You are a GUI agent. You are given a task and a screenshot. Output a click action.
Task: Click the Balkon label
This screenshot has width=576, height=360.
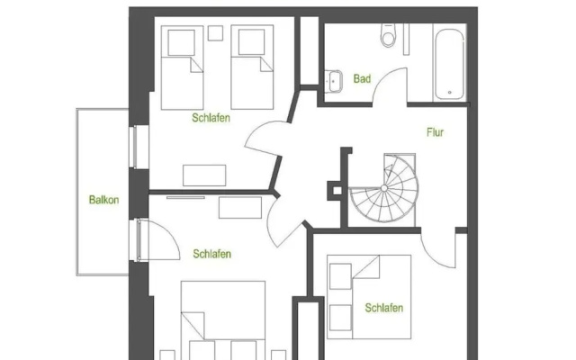[x=104, y=200]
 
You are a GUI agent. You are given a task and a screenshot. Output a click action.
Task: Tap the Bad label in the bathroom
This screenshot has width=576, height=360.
[x=362, y=78]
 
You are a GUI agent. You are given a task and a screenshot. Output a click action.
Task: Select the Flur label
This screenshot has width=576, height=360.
[x=435, y=132]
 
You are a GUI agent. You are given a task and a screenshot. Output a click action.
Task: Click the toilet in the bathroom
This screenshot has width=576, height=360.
[x=388, y=35]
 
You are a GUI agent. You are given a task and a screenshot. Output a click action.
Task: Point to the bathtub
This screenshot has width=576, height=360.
[x=449, y=63]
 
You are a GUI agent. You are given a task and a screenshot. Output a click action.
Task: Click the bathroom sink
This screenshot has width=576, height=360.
[x=334, y=81]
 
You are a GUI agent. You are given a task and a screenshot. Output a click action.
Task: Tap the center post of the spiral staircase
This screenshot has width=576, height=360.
[x=384, y=188]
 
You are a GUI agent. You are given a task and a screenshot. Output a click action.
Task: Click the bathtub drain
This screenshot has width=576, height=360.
[x=450, y=93]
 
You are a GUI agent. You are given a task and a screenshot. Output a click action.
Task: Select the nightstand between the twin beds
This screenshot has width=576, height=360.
[x=215, y=33]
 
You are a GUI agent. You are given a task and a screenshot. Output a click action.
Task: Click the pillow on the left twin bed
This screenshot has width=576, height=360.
[x=181, y=42]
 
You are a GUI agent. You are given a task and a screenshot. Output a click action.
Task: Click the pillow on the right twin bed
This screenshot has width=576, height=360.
[x=251, y=42]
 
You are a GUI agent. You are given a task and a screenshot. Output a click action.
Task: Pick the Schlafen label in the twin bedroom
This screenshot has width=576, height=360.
[x=211, y=118]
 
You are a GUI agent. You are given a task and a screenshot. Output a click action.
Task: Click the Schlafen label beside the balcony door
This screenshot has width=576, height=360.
[x=212, y=254]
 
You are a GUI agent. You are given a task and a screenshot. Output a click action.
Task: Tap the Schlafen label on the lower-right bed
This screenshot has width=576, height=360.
[x=384, y=308]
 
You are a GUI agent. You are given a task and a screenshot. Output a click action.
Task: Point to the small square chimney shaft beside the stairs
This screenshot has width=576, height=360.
[x=337, y=191]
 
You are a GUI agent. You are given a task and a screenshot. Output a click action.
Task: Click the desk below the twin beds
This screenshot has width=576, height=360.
[x=204, y=175]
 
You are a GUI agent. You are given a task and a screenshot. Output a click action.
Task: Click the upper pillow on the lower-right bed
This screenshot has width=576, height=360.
[x=340, y=276]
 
